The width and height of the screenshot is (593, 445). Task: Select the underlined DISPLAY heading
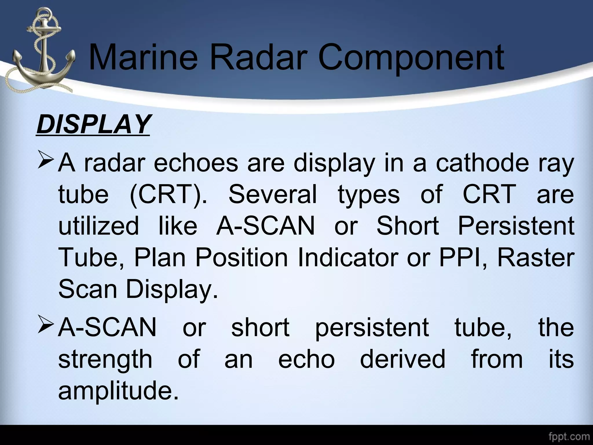click(x=93, y=124)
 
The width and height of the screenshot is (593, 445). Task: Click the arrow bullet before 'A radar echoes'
click(x=45, y=162)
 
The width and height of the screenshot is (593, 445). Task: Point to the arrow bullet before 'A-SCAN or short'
click(x=45, y=326)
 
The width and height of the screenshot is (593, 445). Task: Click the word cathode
click(x=482, y=163)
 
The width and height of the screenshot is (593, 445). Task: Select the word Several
click(x=272, y=194)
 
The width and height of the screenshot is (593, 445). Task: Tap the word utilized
click(x=99, y=226)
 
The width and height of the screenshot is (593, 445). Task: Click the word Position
click(x=241, y=258)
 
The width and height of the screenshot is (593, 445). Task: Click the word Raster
click(x=536, y=258)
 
